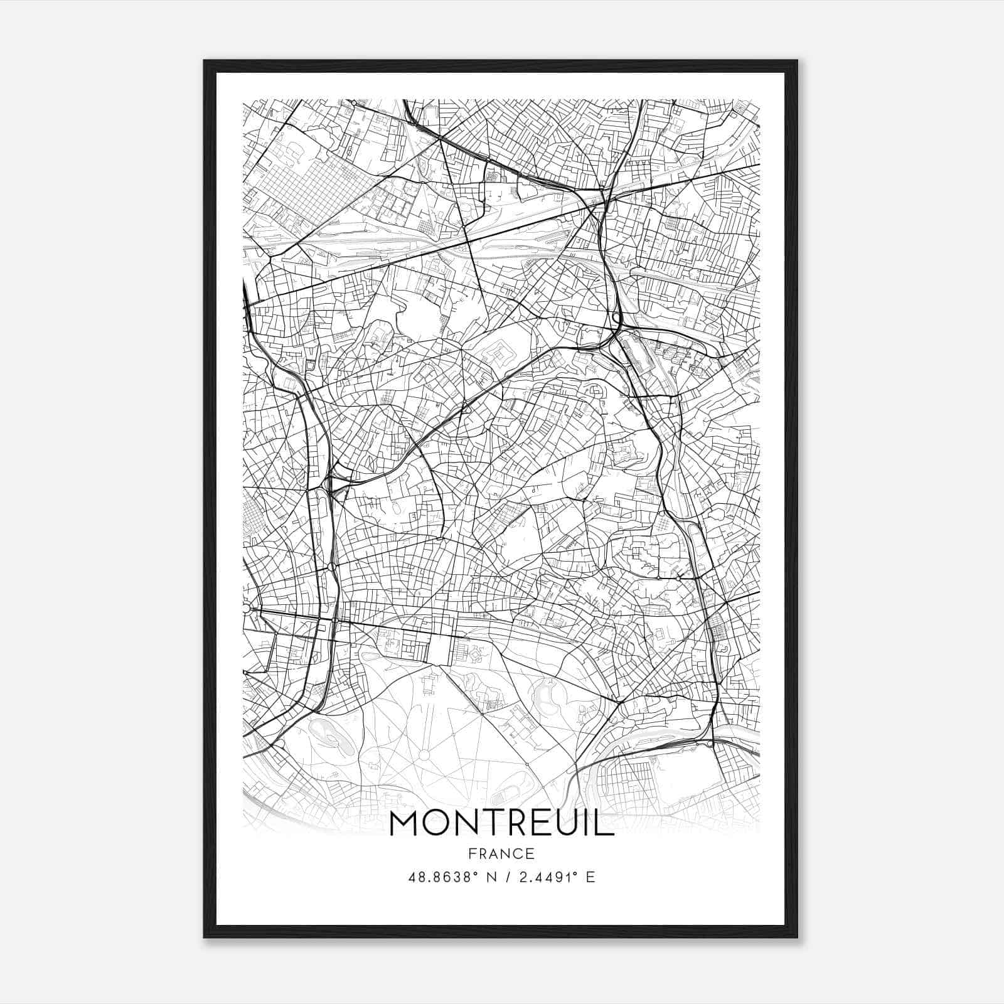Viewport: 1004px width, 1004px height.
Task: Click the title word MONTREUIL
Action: pyautogui.click(x=501, y=824)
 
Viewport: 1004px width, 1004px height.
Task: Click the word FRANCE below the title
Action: pyautogui.click(x=501, y=853)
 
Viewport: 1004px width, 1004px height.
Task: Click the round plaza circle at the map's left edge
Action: pyautogui.click(x=246, y=609)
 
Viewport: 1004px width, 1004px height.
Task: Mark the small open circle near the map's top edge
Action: pyautogui.click(x=355, y=102)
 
